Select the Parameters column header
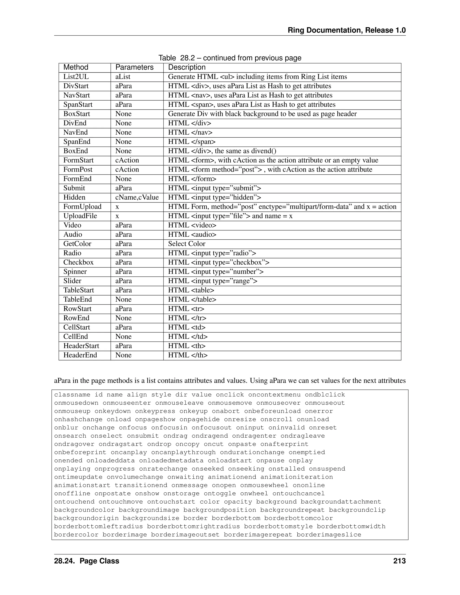pos(134,67)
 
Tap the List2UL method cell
pos(76,77)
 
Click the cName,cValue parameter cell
pos(137,197)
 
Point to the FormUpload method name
pos(82,207)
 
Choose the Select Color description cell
pos(187,244)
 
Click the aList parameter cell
pos(123,77)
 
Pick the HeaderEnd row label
pos(80,355)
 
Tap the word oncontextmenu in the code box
pos(274,395)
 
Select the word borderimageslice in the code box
pos(329,535)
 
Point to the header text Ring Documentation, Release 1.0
pos(347,30)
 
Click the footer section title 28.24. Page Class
pos(87,561)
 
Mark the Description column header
pos(187,67)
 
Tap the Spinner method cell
pos(75,272)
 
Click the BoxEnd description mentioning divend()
pos(222,151)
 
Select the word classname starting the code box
pos(72,395)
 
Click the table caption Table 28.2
pos(230,58)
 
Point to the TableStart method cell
pos(78,290)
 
